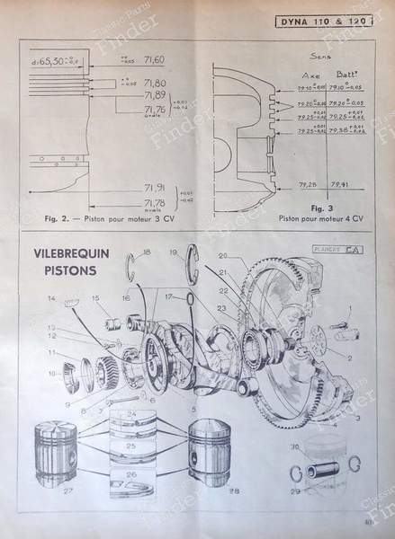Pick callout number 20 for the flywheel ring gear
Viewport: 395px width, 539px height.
tap(222, 255)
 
